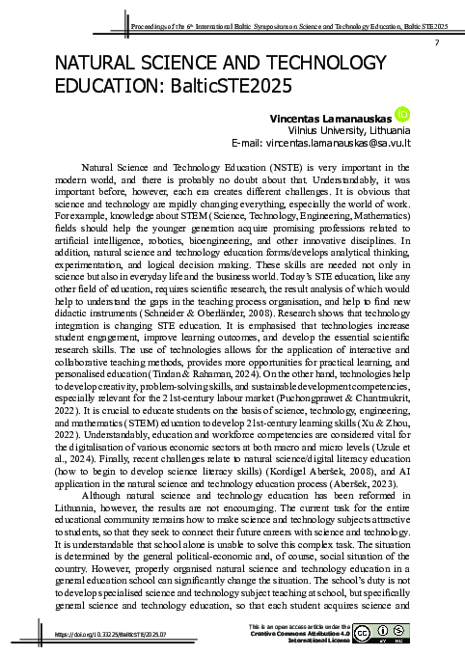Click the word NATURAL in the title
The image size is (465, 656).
click(x=100, y=64)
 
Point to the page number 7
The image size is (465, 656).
click(x=437, y=44)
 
